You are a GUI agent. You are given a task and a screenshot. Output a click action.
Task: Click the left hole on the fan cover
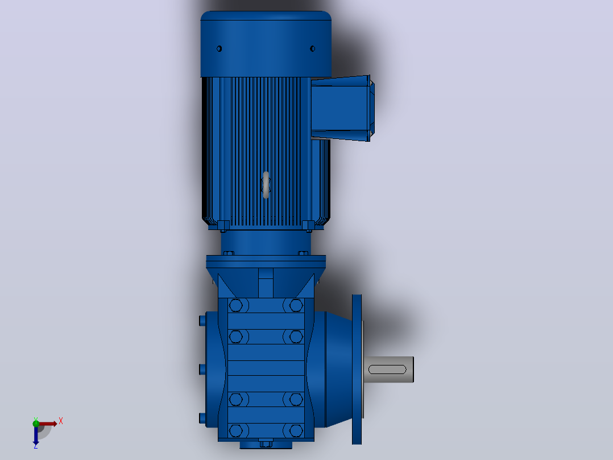(x=219, y=48)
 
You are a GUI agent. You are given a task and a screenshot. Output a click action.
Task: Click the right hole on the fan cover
(x=312, y=48)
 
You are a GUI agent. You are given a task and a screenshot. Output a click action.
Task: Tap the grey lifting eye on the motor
(x=266, y=185)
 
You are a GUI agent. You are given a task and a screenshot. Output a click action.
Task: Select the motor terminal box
(x=342, y=108)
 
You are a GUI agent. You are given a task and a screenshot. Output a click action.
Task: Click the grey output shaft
(x=388, y=369)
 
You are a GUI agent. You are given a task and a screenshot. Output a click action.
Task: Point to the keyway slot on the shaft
(x=387, y=369)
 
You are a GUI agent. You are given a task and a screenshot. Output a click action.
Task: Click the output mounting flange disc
(x=357, y=369)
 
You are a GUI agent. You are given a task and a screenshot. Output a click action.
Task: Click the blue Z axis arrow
(x=36, y=434)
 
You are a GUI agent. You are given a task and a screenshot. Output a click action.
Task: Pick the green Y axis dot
(x=36, y=423)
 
